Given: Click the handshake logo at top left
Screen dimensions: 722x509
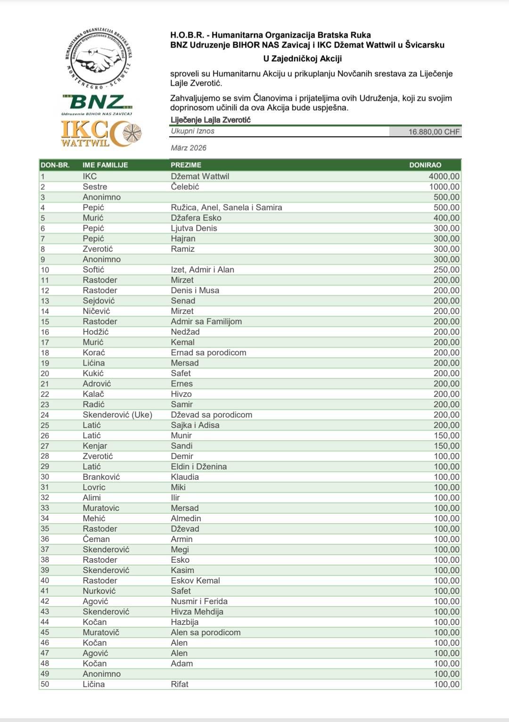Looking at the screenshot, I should coord(99,59).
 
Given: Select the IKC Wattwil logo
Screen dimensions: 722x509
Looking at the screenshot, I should coord(101,133).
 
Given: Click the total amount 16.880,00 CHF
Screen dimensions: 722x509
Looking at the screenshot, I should coord(434,132).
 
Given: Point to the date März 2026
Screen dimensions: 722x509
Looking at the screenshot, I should coord(189,148).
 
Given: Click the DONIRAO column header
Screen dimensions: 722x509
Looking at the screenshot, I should coord(425,165).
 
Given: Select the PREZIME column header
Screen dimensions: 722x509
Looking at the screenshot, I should coord(186,165).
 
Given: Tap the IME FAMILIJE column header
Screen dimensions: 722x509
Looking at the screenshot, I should coord(105,165).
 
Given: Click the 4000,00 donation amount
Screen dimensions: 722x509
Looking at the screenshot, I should coord(444,176).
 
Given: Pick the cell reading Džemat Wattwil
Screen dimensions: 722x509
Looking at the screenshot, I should coord(200,176).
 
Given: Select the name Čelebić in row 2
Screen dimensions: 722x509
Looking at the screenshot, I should coord(185,187).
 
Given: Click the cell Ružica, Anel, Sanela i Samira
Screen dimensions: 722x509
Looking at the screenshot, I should coord(226,207).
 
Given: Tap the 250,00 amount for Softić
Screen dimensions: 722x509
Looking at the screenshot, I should coord(446,270).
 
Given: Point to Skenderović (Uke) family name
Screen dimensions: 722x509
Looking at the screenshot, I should coord(117,415).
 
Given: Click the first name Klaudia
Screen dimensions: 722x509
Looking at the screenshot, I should coord(185,477).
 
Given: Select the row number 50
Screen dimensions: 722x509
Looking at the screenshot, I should coord(45,684).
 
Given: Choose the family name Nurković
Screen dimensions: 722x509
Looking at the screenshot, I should coord(99,591).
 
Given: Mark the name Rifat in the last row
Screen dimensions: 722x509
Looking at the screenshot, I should coord(180,684).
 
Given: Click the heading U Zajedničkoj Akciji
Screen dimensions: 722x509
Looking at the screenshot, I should coord(303,58).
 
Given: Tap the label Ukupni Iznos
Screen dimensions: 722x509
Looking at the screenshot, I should coord(193,131).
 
